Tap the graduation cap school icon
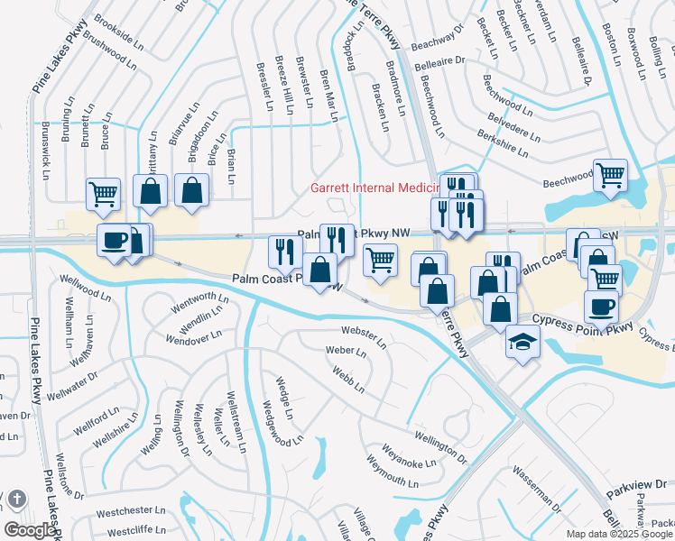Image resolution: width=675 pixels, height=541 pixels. click(x=522, y=343)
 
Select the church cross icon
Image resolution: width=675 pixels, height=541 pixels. click(x=16, y=500)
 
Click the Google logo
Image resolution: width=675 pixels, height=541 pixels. click(x=29, y=530)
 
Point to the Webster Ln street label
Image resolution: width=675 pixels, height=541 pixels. click(x=363, y=338)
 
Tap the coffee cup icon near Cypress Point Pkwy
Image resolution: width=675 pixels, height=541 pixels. click(x=602, y=307)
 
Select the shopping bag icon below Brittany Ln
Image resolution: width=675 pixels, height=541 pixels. click(x=151, y=190)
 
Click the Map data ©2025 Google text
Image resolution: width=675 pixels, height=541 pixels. click(x=619, y=534)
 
